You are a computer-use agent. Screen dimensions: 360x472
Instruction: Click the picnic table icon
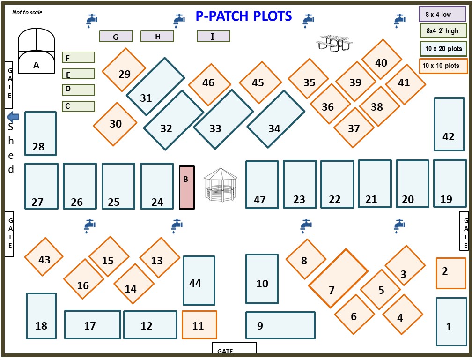click(x=334, y=43)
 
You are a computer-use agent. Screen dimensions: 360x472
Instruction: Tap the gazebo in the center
click(x=220, y=185)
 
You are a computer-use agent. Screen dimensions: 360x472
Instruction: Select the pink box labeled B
click(x=186, y=187)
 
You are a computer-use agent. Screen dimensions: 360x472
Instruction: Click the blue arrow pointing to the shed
click(x=13, y=117)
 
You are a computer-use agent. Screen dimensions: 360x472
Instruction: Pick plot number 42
click(x=449, y=124)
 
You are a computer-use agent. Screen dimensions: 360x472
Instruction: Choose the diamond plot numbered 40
click(x=381, y=60)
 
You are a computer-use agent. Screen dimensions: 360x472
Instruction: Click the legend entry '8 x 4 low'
click(x=438, y=14)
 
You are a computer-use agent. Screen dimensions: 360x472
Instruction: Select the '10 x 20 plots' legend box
click(x=443, y=48)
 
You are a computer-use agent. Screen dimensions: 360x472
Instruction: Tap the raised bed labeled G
click(x=116, y=36)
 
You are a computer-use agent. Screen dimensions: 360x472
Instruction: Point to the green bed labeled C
click(x=78, y=106)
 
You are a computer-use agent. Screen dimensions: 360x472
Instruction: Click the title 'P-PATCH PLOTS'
click(x=243, y=16)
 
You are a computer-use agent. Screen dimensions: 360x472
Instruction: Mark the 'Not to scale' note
click(x=27, y=12)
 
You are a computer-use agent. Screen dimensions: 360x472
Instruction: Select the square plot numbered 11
click(x=199, y=324)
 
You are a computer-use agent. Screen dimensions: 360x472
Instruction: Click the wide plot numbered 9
click(x=280, y=325)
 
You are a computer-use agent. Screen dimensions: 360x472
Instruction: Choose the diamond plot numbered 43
click(x=44, y=257)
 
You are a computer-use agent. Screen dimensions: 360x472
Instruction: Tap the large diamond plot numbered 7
click(x=338, y=278)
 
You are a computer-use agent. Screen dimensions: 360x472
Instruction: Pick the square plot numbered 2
click(x=451, y=273)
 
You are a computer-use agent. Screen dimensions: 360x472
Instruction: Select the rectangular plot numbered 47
click(x=262, y=185)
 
